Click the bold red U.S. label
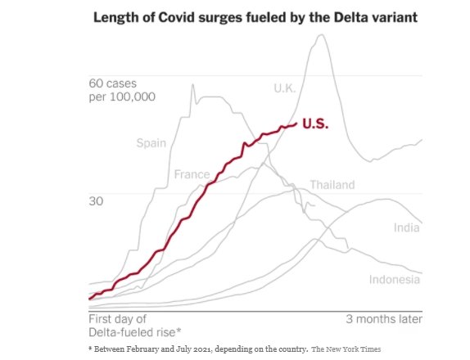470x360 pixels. pyautogui.click(x=315, y=124)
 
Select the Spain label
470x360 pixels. pyautogui.click(x=151, y=143)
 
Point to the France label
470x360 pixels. pyautogui.click(x=192, y=174)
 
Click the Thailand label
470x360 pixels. pyautogui.click(x=332, y=184)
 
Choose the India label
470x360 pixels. pyautogui.click(x=407, y=227)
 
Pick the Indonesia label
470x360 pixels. pyautogui.click(x=394, y=279)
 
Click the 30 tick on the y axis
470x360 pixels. pyautogui.click(x=96, y=201)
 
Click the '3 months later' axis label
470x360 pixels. pyautogui.click(x=384, y=318)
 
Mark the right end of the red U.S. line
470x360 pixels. pyautogui.click(x=296, y=124)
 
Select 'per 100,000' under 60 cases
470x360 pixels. pyautogui.click(x=121, y=97)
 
